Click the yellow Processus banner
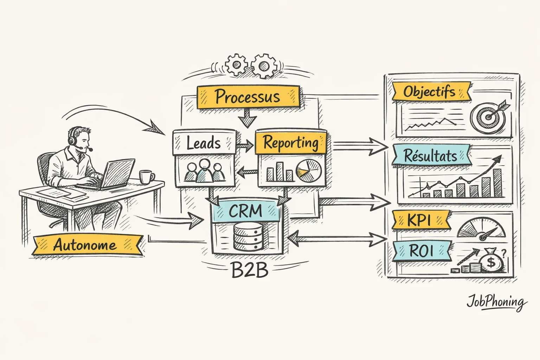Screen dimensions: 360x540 248,96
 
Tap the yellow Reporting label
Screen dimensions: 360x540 291,143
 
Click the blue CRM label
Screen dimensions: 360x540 246,211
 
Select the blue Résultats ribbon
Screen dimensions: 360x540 431,155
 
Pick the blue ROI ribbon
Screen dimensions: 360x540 421,251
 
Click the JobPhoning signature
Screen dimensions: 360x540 496,302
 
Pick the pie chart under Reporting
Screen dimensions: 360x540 309,171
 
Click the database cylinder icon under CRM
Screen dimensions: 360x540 248,237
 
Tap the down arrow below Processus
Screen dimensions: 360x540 248,117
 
